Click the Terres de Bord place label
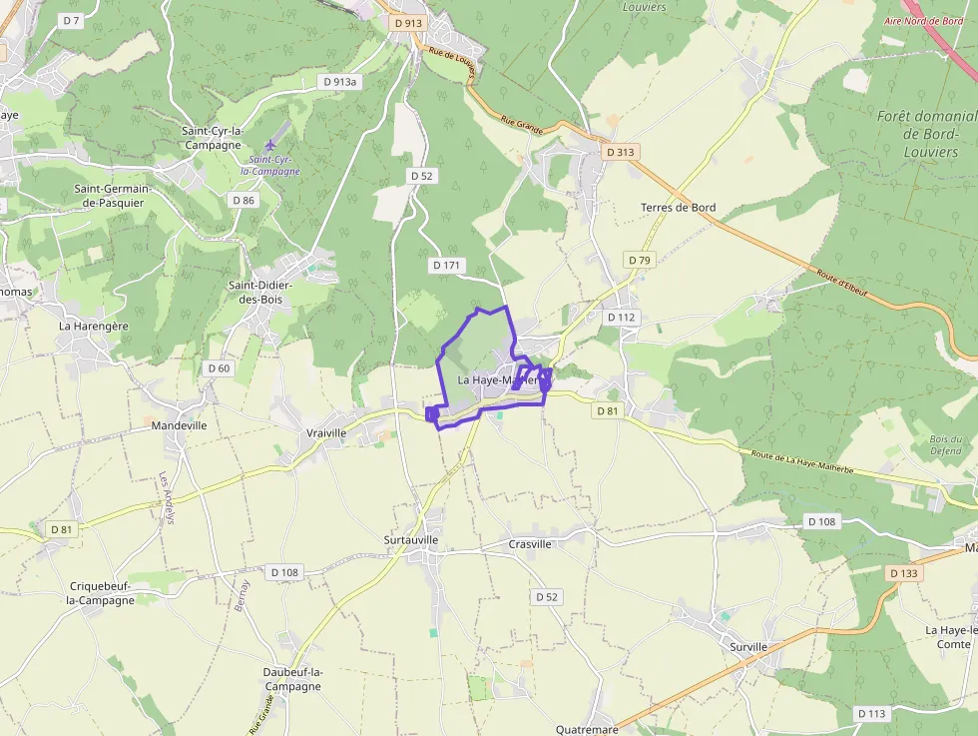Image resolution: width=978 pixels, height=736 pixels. click(x=678, y=208)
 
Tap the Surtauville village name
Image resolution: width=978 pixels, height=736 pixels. click(x=411, y=540)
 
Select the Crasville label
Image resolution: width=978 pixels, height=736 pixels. click(x=530, y=544)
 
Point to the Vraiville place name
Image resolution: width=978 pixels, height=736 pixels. click(x=327, y=432)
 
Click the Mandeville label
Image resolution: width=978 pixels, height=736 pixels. click(x=180, y=425)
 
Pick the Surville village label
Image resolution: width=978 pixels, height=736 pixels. click(x=748, y=647)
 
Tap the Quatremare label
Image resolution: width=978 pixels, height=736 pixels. click(x=587, y=729)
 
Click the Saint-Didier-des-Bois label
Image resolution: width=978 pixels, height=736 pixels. click(x=260, y=292)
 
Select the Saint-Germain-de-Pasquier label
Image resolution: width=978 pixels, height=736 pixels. click(x=109, y=196)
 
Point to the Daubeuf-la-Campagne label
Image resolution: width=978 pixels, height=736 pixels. click(x=292, y=679)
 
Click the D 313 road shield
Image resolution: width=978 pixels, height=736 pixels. click(x=620, y=152)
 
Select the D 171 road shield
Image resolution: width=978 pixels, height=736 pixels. click(x=448, y=265)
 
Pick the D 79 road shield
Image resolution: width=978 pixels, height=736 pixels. click(x=640, y=260)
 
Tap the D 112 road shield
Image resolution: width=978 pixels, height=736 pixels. click(x=621, y=318)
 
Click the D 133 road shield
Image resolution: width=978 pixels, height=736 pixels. click(x=902, y=573)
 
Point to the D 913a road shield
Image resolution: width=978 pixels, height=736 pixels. click(x=339, y=82)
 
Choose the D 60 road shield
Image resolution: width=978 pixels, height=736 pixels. click(x=219, y=368)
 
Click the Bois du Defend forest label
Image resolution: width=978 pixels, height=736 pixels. click(x=945, y=444)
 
